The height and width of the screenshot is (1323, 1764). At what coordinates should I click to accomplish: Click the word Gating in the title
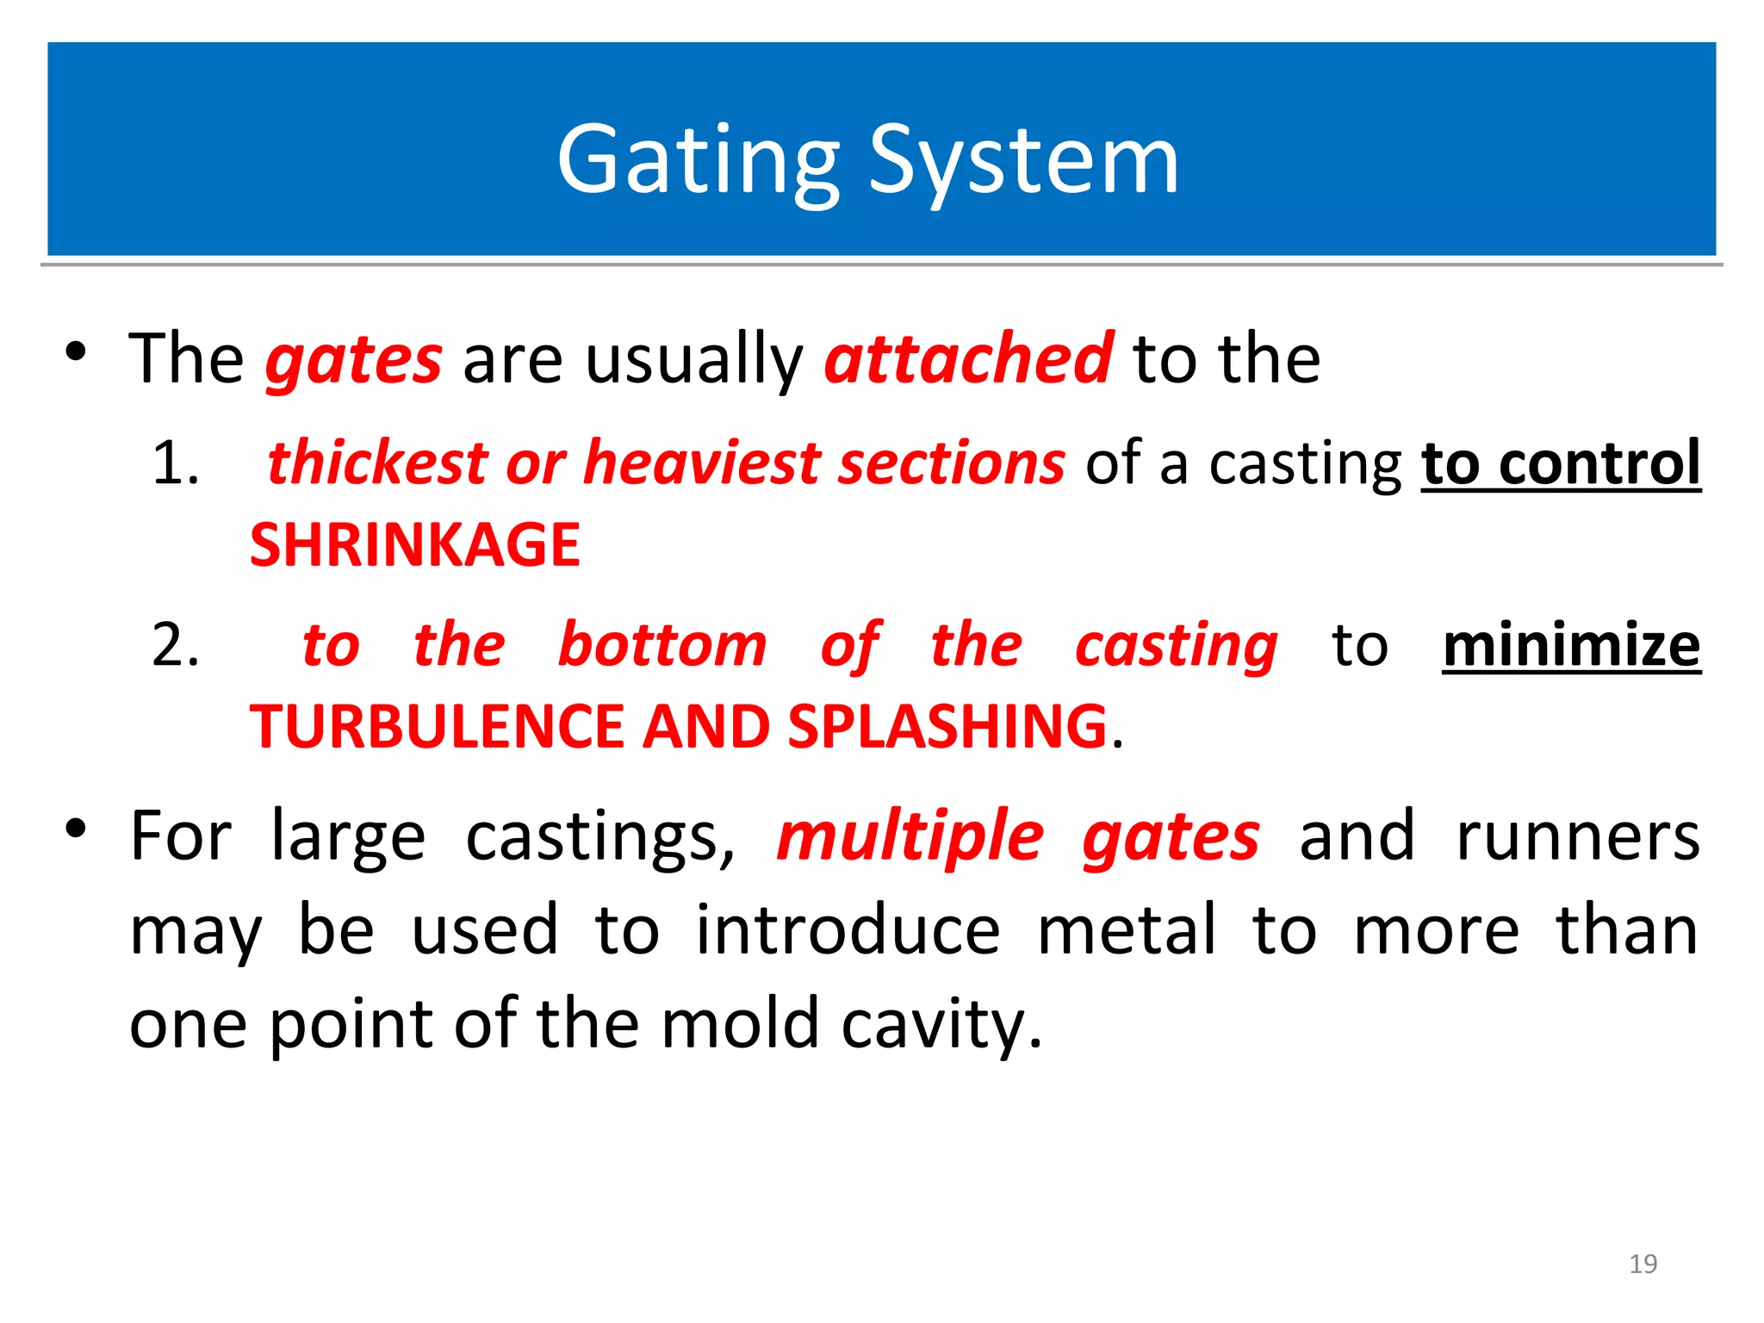[x=698, y=161]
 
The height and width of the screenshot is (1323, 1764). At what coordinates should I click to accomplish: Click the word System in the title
[x=1023, y=161]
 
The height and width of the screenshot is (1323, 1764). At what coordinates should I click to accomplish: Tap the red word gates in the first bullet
[x=354, y=360]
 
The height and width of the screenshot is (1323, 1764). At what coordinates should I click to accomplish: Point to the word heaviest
[x=701, y=463]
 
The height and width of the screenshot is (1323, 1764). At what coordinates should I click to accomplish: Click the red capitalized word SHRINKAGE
[x=414, y=545]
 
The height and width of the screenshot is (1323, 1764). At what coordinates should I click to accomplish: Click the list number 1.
[x=175, y=463]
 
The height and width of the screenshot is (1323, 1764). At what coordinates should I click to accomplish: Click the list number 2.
[x=175, y=645]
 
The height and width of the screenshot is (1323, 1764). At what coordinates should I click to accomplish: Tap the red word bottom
[x=661, y=645]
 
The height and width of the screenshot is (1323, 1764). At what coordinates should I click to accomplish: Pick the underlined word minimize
[x=1571, y=645]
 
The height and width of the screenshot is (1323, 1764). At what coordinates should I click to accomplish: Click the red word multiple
[x=910, y=836]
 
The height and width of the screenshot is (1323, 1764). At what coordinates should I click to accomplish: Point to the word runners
[x=1577, y=836]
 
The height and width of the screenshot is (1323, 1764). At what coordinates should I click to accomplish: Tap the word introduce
[x=848, y=930]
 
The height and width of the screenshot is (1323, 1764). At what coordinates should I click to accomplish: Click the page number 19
[x=1643, y=1264]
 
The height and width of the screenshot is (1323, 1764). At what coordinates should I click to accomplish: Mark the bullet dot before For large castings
[x=76, y=829]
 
